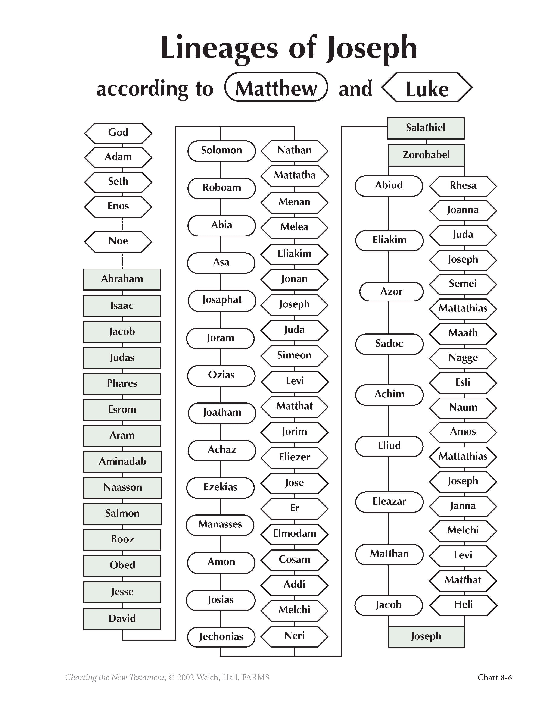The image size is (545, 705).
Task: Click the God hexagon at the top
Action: click(x=118, y=133)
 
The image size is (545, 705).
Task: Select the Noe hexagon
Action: click(x=118, y=241)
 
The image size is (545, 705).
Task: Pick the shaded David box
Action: click(x=122, y=619)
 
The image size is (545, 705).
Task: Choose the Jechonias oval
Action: click(x=221, y=637)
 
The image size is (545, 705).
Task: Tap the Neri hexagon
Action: click(x=295, y=636)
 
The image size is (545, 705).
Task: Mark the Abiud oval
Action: click(x=389, y=186)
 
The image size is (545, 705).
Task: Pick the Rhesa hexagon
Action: click(x=463, y=186)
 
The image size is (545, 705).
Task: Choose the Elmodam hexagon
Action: click(x=295, y=534)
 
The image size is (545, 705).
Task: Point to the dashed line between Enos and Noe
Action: click(x=122, y=224)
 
